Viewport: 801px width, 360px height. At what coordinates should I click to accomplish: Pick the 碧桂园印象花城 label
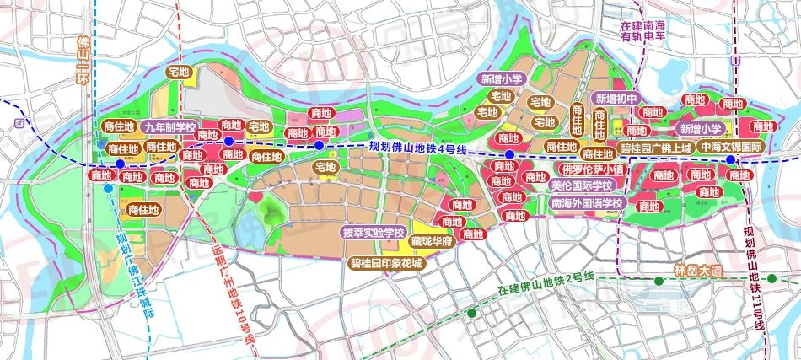(387, 263)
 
